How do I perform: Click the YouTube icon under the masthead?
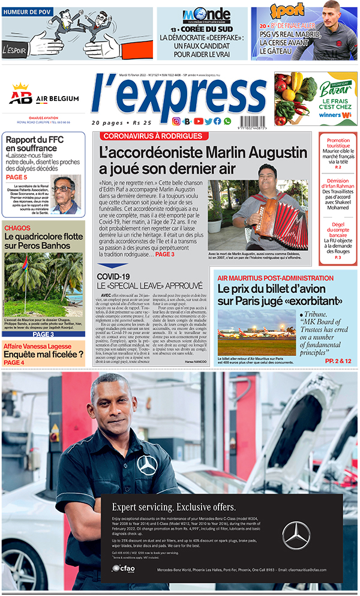tap(198, 121)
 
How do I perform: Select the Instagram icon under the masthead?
tap(176, 121)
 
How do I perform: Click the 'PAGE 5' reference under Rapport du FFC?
tap(17, 177)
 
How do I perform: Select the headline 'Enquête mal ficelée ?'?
tap(43, 354)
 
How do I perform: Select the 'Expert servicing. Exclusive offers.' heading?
tap(174, 507)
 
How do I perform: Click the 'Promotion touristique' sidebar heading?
tap(338, 143)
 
